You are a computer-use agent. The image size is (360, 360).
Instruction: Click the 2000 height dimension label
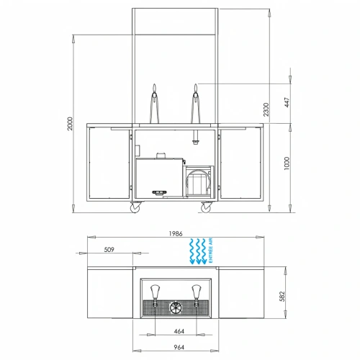[69, 125]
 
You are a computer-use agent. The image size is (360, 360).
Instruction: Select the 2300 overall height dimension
[267, 109]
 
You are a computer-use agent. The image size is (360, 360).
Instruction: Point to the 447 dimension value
[287, 100]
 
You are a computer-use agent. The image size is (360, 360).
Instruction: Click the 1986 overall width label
[176, 234]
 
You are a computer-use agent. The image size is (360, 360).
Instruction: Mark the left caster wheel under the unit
[136, 207]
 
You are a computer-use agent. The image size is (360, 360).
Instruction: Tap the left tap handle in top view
[153, 291]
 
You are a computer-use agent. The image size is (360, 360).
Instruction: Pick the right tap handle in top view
[194, 291]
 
